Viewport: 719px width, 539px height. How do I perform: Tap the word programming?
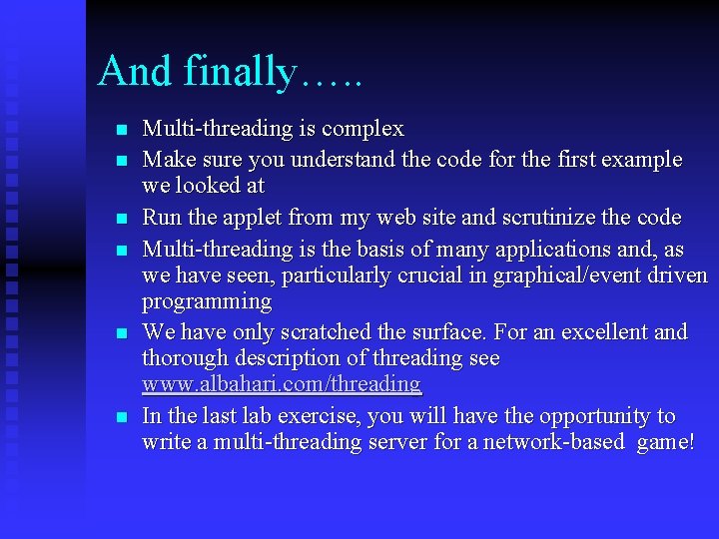coord(207,301)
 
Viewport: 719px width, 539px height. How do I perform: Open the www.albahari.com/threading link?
coord(282,384)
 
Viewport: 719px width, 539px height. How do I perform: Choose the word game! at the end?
coord(665,443)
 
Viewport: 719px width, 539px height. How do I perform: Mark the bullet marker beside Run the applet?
coord(121,219)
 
